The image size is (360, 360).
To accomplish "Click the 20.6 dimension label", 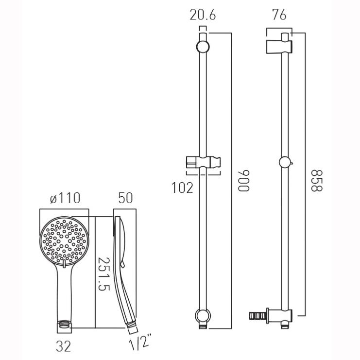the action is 203,15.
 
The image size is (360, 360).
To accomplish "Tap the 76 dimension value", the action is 279,15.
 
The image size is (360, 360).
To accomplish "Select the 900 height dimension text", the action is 243,181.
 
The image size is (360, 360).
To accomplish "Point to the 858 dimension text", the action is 317,181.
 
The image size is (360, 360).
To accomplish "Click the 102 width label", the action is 183,188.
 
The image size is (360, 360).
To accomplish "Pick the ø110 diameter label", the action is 65,198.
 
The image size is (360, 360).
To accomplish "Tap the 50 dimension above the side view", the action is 125,198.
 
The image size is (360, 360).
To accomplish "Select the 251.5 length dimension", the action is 104,274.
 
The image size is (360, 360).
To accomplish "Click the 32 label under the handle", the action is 63,346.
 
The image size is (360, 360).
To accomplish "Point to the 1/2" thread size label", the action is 140,342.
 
